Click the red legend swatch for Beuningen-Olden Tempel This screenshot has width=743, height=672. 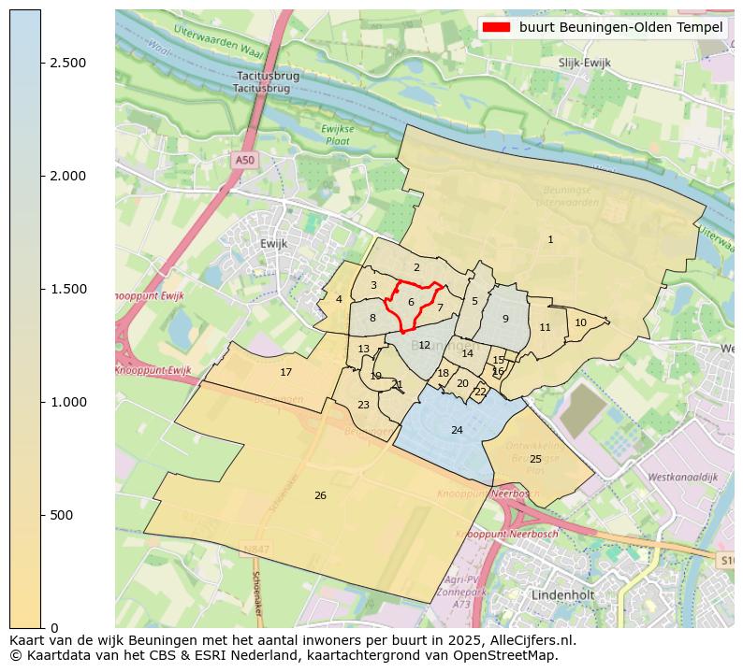click(497, 27)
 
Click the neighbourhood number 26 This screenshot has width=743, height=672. click(320, 495)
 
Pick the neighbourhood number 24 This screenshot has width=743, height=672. click(457, 430)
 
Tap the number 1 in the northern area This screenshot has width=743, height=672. click(550, 240)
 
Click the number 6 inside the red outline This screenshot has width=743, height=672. click(411, 302)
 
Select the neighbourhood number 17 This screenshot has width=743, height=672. click(286, 372)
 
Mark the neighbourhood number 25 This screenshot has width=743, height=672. click(535, 459)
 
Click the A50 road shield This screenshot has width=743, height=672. click(244, 160)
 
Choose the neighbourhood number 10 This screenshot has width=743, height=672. click(580, 322)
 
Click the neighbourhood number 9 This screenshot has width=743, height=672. click(505, 319)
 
